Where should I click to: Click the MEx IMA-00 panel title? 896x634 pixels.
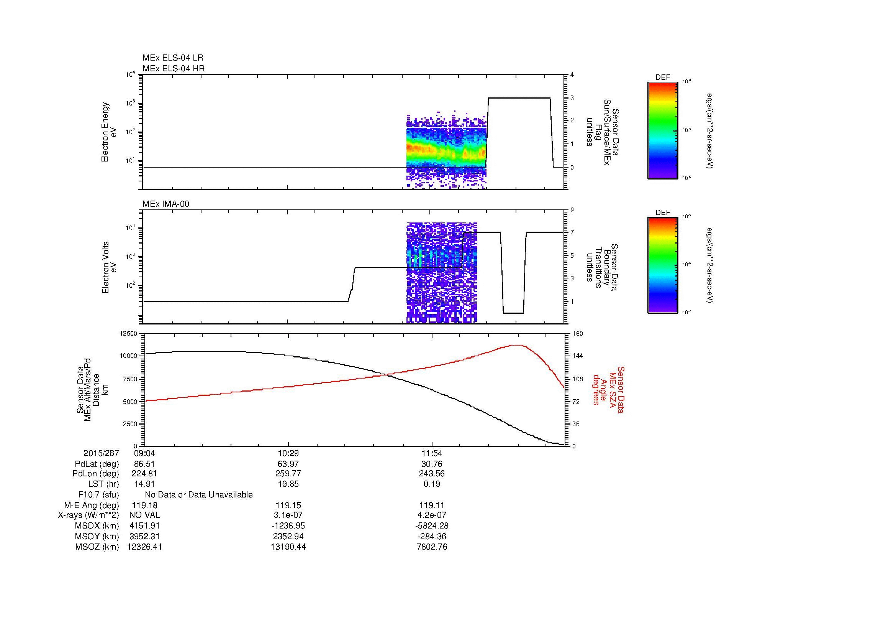click(166, 204)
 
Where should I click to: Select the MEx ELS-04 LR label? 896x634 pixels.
click(172, 58)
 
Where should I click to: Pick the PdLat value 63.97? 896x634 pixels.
click(288, 464)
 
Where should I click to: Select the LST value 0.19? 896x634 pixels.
click(432, 484)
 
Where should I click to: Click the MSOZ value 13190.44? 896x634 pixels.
click(288, 547)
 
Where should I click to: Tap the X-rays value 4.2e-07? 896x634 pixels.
click(432, 515)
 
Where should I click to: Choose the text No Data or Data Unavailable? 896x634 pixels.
click(199, 494)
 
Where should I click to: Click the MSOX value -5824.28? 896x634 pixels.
click(432, 526)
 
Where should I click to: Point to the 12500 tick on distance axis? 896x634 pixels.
click(129, 334)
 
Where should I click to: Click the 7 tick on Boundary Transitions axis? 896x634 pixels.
click(572, 232)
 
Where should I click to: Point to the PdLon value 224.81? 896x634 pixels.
click(144, 474)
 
